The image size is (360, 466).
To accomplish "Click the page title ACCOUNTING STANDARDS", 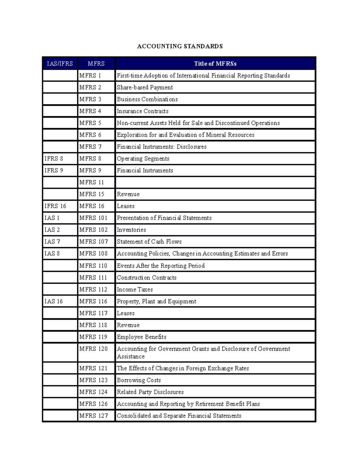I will coord(180,46).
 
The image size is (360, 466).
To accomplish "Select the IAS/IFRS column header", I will coord(60,64).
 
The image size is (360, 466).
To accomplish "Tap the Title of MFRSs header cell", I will coord(215,64).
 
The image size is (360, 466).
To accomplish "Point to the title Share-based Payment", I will coord(145,87).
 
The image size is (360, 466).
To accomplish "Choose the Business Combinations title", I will coord(147,99).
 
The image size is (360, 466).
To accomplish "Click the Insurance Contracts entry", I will coord(142,111).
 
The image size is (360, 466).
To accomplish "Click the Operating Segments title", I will coord(143,158).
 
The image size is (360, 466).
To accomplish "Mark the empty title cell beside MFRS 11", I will coord(215,182).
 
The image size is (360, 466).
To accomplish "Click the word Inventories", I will coord(131,230).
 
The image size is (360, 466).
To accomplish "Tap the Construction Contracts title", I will coord(146,278).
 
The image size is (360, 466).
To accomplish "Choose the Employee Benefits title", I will coord(141,337).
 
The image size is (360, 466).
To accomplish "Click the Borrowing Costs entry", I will coord(139,380).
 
